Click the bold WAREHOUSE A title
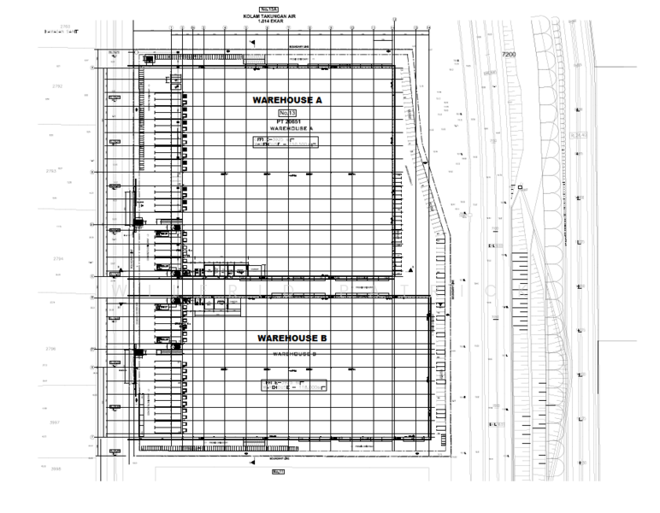[x=287, y=100]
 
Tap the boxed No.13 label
[x=286, y=112]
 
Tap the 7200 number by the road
[x=510, y=54]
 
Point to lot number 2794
[x=57, y=257]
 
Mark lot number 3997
[x=57, y=422]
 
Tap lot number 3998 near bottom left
[x=57, y=469]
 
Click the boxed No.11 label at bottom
[x=277, y=471]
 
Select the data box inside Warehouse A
[x=284, y=142]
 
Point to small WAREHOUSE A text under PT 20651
[x=286, y=128]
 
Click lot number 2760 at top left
[x=66, y=27]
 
